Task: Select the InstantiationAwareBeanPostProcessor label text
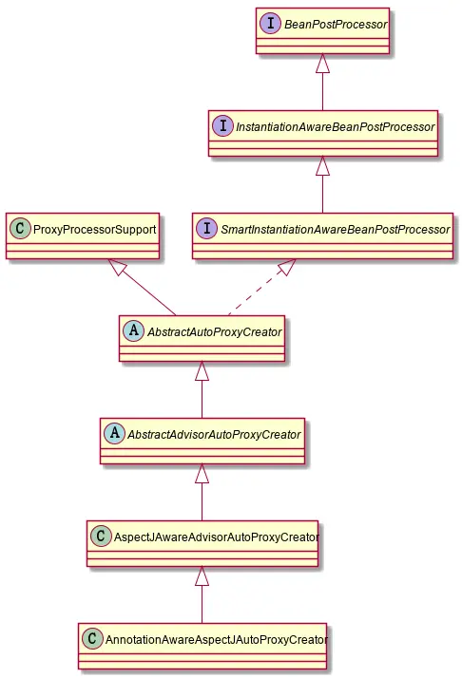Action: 334,126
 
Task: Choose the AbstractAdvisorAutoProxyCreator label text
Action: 214,434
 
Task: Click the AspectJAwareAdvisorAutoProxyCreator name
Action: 213,537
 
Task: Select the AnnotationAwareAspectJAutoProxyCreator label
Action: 214,639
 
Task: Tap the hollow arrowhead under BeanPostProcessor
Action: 322,64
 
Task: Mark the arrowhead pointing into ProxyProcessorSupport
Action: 118,269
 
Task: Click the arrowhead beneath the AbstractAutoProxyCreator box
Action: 202,372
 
